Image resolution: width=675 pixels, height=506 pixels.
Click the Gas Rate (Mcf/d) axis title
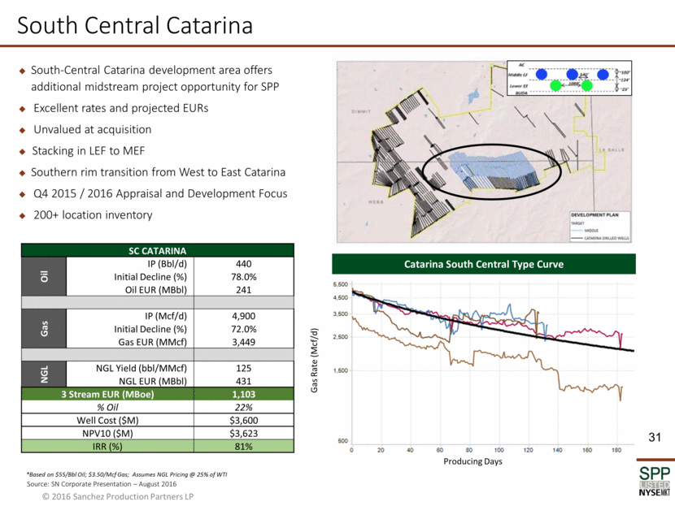[316, 361]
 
